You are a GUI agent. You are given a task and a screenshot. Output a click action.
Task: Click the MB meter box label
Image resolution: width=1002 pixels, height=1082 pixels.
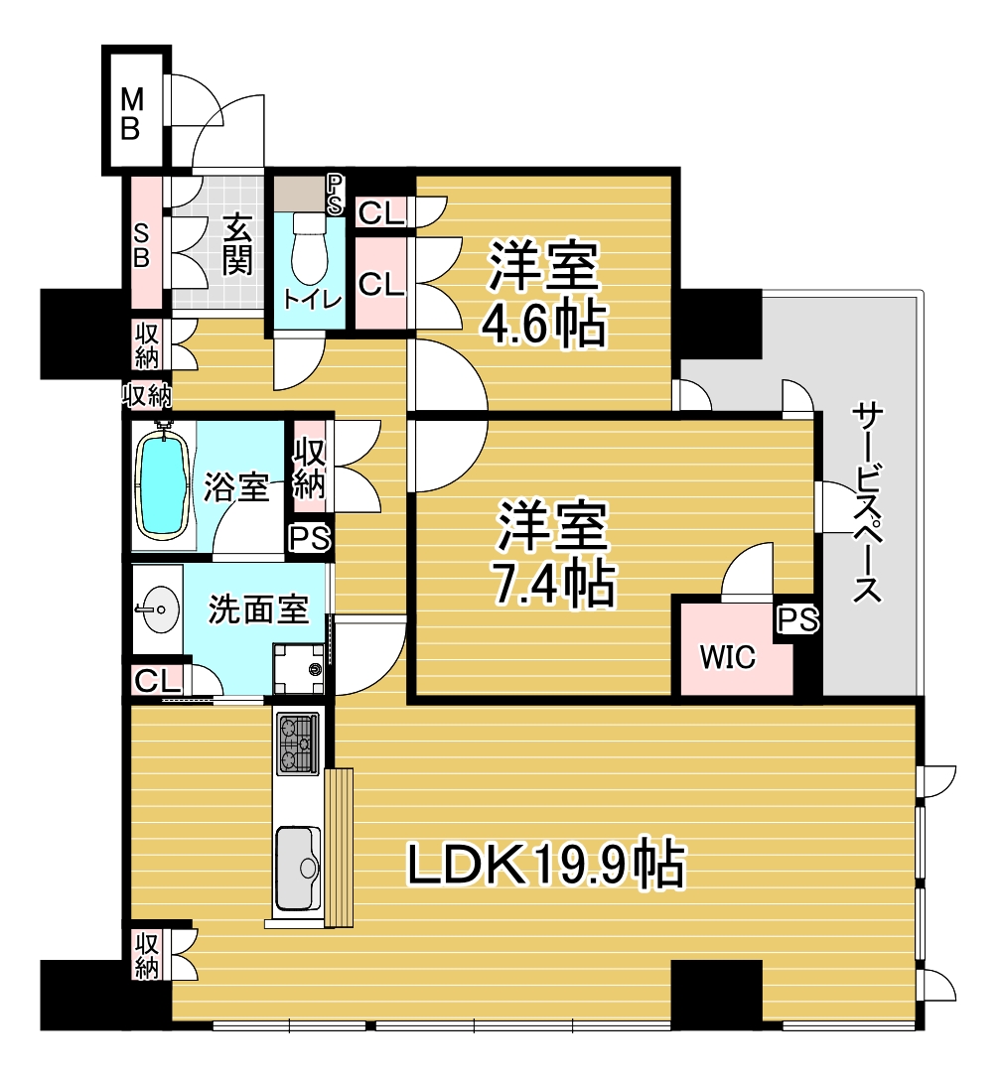point(132,114)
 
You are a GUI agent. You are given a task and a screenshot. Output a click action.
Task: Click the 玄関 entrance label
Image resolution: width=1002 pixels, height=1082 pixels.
point(236,244)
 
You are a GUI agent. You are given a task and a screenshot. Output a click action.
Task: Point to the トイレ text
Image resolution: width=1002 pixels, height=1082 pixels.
point(312,300)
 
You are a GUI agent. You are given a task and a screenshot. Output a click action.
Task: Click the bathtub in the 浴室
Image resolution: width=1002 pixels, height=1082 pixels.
point(165,481)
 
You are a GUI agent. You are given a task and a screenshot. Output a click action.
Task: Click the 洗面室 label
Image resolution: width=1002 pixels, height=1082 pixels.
point(258,609)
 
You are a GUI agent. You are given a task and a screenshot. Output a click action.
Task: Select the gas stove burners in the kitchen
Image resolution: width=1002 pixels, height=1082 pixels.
point(298,743)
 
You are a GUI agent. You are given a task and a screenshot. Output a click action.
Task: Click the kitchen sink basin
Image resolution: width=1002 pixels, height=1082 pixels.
point(298,868)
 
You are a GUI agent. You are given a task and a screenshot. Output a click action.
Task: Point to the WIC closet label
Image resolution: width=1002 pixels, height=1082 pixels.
point(728,657)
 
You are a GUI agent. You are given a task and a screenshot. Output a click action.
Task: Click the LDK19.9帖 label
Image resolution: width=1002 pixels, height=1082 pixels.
point(546,863)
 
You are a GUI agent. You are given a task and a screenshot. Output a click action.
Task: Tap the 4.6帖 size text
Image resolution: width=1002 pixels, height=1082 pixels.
point(543,323)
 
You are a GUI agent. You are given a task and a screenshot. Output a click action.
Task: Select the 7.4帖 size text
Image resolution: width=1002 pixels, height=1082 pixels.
point(552,584)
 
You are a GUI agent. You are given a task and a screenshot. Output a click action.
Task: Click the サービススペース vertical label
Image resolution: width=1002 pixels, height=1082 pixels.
point(867,502)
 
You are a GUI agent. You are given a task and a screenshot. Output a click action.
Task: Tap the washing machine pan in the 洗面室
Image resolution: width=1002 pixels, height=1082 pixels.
point(298,668)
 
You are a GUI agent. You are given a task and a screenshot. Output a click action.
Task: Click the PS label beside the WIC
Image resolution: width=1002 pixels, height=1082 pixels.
point(798,619)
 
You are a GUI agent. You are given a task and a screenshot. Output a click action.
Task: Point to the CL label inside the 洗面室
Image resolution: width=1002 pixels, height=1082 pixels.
point(158,682)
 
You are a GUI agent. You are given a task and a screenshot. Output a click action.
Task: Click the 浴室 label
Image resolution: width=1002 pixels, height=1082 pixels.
point(235,486)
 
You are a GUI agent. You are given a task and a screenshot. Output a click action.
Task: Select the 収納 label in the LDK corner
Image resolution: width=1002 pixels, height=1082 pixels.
point(146,955)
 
